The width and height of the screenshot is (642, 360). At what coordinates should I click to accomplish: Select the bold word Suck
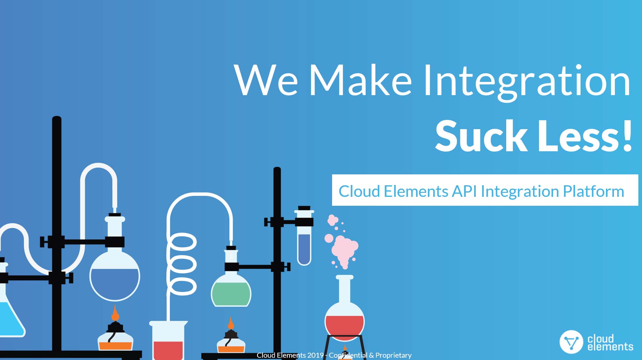pos(481,136)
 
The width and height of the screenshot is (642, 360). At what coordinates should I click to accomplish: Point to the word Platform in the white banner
pos(593,191)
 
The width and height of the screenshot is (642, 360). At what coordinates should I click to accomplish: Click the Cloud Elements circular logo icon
pos(571,342)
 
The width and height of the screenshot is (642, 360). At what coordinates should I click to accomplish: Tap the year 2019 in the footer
pos(315,355)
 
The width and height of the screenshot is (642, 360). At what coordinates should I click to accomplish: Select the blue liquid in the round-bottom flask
pos(115,283)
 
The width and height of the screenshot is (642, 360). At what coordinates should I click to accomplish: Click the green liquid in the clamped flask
pos(231,294)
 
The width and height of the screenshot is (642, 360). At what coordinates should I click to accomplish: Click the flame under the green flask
pos(231,323)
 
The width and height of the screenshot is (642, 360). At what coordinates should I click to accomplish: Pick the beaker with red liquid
pos(168,340)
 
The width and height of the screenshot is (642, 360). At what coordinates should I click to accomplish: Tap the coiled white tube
pos(182,264)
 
